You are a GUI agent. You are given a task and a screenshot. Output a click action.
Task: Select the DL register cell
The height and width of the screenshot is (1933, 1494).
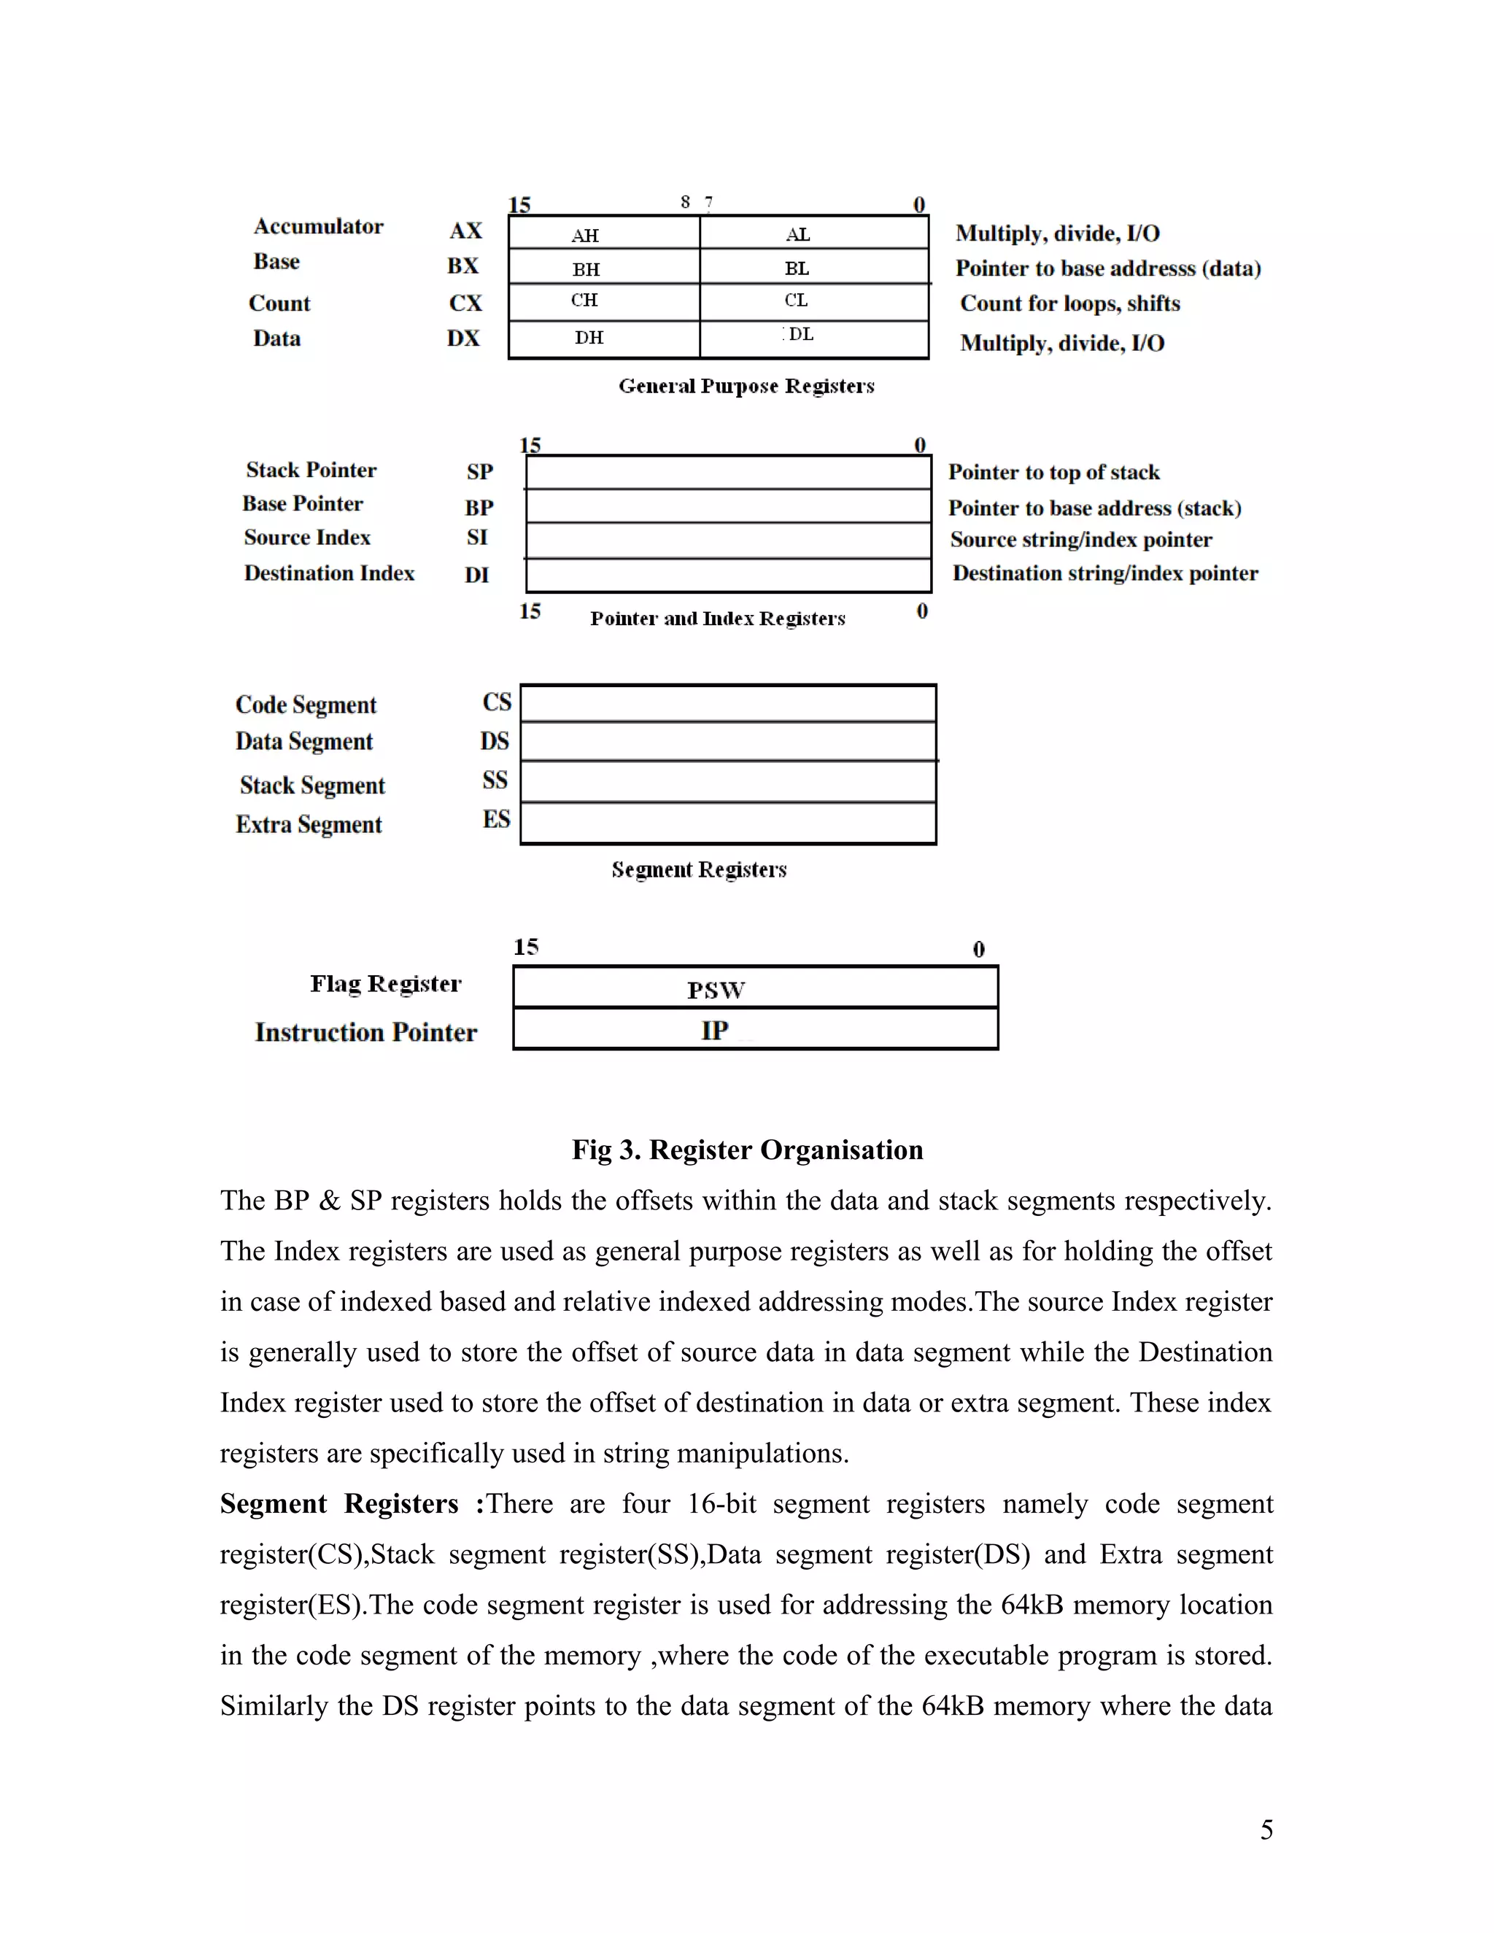813,338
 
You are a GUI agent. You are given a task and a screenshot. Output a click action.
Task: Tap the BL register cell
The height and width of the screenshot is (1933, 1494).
813,267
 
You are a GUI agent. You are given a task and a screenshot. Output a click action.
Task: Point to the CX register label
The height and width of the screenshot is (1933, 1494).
465,303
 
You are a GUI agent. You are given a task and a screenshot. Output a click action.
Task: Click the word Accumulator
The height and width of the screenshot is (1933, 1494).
318,227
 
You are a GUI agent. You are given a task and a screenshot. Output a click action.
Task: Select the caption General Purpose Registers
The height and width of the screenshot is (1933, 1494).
746,386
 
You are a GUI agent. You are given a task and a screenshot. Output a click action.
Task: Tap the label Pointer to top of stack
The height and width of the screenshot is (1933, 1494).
1053,473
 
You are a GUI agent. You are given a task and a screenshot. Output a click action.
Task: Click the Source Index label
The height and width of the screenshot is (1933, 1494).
307,538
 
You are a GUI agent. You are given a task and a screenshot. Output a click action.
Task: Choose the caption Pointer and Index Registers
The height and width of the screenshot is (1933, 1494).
717,619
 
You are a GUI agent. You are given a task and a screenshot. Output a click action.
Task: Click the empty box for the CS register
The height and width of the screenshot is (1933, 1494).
727,704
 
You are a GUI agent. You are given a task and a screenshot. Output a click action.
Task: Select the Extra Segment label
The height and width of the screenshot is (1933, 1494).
308,825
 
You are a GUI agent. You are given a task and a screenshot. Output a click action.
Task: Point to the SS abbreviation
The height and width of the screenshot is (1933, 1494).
495,780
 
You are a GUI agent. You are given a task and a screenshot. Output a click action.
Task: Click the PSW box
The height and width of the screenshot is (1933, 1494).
755,988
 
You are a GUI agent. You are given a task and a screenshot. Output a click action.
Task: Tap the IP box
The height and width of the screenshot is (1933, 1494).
755,1030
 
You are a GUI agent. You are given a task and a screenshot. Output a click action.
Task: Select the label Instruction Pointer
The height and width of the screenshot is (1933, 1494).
365,1033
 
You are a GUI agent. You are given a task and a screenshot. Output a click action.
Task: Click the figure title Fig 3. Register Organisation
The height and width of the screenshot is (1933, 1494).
747,1150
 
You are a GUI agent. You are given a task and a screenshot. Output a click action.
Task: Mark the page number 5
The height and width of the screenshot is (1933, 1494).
1266,1829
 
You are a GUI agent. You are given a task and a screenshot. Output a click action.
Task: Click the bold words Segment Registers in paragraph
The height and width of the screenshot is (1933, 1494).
339,1504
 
